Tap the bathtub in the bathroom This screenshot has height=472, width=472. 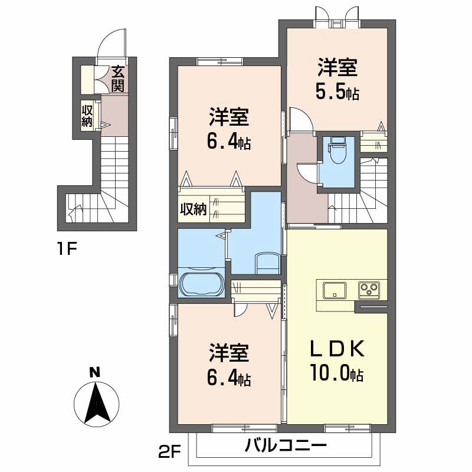tap(201, 284)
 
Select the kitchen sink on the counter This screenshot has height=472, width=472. tap(335, 290)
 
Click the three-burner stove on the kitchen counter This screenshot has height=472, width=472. tap(369, 290)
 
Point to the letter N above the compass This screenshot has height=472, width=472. tap(95, 373)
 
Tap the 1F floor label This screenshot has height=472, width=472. tap(67, 248)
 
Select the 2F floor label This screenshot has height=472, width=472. tap(169, 453)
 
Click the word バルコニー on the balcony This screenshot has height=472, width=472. tap(286, 445)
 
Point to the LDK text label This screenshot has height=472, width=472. tap(337, 349)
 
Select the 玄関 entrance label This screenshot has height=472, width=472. tap(117, 79)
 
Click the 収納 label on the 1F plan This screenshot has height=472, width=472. tap(87, 116)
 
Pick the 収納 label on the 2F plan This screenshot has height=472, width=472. tap(194, 209)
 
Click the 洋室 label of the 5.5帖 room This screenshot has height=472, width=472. tap(337, 67)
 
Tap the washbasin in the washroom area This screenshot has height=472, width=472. tap(267, 263)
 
